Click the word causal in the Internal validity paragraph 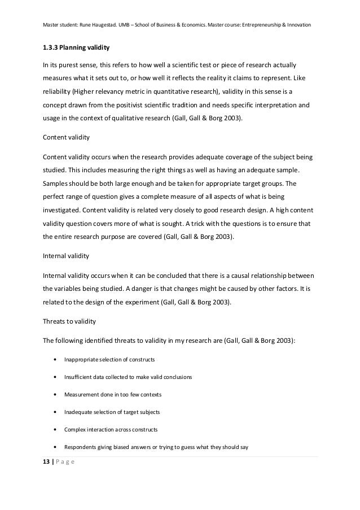click(236, 276)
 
